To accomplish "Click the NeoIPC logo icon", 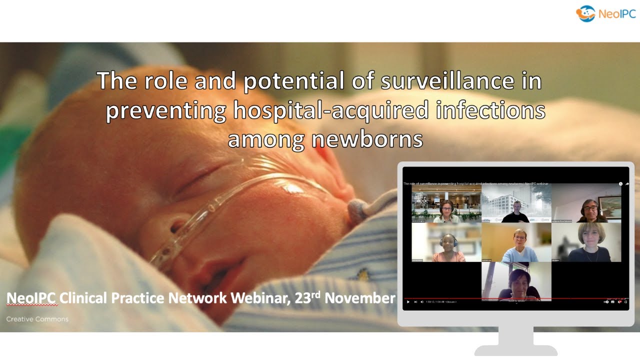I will [x=585, y=13].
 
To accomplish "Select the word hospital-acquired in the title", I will [x=331, y=110].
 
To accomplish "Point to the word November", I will [x=360, y=298].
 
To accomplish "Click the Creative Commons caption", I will [x=37, y=319].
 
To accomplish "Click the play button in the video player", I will [x=408, y=301].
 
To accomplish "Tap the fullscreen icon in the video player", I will [x=625, y=301].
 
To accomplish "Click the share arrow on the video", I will [x=627, y=184].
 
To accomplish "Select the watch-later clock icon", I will [x=620, y=184].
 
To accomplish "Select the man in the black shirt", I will [x=516, y=212].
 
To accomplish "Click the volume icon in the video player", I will [x=421, y=301].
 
